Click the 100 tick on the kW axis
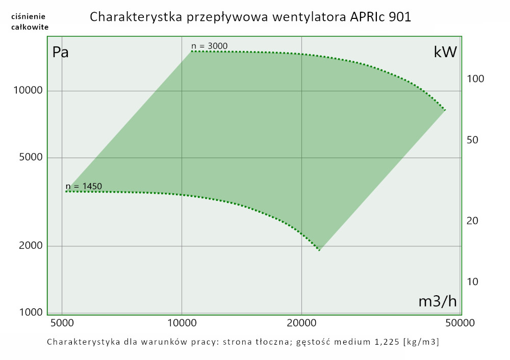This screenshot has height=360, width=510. [x=475, y=79]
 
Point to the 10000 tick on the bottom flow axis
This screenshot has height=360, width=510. [x=182, y=323]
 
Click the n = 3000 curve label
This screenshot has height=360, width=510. [x=209, y=46]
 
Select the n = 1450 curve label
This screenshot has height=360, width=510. [x=84, y=186]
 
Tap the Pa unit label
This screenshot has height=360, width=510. [x=60, y=53]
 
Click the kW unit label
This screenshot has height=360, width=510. [x=445, y=52]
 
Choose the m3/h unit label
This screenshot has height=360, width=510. [x=437, y=301]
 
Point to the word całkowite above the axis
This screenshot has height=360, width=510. [x=30, y=27]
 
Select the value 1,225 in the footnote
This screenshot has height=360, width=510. [x=385, y=341]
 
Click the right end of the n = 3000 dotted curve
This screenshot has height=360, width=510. [x=445, y=110]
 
